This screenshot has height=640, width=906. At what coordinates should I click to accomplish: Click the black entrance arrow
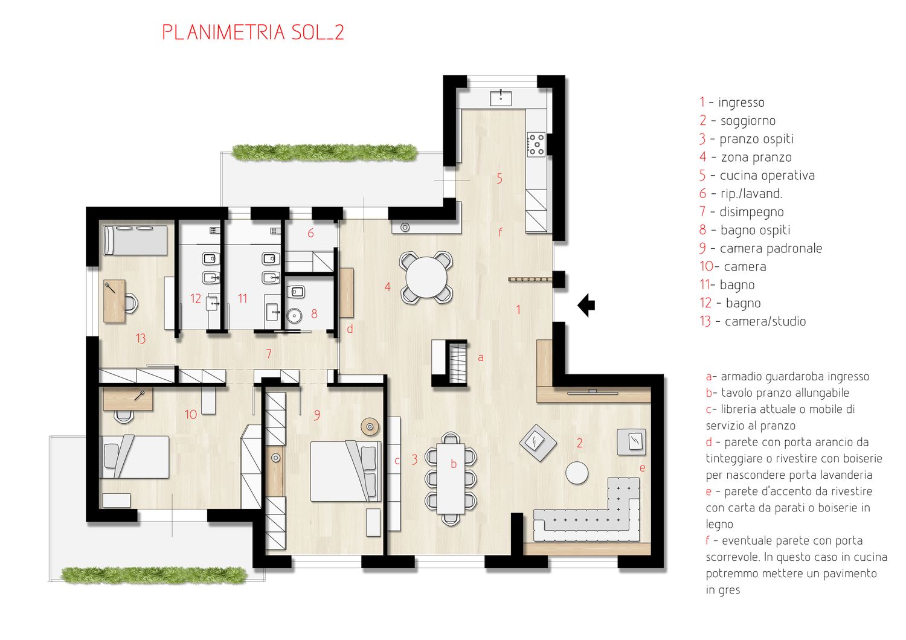coord(586,305)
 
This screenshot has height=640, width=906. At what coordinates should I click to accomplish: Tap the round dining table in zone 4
coord(426,278)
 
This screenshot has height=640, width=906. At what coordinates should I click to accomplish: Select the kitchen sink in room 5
coord(501,98)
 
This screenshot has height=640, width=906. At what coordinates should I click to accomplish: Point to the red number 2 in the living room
coord(580,443)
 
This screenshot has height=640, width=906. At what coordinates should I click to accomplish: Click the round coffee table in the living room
coord(577,473)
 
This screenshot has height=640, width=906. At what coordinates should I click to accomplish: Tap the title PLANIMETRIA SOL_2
coord(253,33)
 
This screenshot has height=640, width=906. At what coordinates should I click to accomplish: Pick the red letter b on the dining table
coord(454,464)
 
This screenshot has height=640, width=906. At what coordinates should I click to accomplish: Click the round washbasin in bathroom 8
coord(294,315)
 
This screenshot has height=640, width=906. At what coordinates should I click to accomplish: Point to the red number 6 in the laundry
coord(310,233)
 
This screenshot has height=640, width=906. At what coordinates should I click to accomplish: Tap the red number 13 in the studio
coord(141,338)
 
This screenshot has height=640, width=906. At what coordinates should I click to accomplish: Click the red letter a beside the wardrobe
coord(481,357)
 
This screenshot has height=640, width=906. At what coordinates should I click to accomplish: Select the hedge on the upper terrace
coord(325,152)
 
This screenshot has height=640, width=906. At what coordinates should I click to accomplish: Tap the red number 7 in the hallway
coord(269,354)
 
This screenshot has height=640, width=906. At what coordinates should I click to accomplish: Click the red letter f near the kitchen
coord(500,232)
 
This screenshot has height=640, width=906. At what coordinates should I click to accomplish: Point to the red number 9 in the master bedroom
coord(317,415)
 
